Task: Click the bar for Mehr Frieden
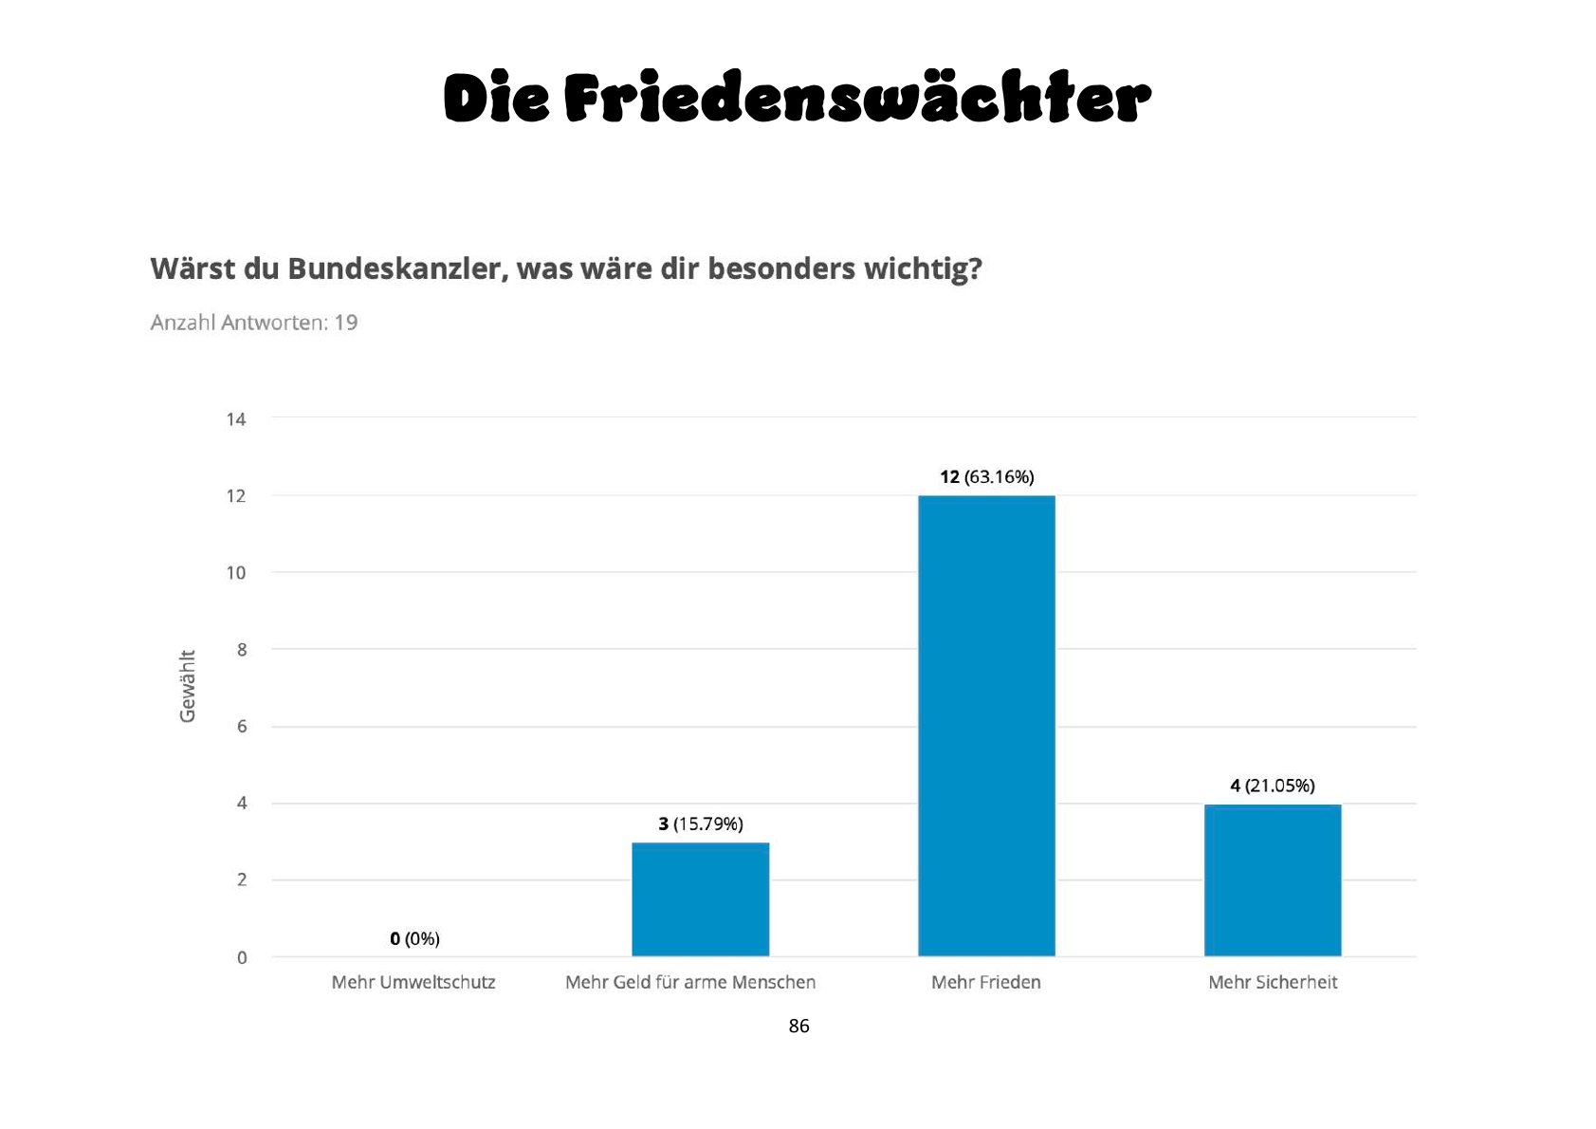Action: coord(986,726)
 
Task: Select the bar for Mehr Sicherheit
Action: coord(1273,879)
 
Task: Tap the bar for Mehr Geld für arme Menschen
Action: coord(700,898)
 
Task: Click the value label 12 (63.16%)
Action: coord(986,477)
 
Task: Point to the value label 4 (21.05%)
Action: coord(1273,786)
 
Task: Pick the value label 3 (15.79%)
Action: coord(700,824)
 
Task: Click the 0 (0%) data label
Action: coord(414,938)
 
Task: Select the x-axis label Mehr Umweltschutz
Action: coord(413,982)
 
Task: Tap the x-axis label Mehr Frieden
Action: coord(986,982)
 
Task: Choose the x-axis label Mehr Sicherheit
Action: coord(1273,982)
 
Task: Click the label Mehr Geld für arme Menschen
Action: coord(690,982)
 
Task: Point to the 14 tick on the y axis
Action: coord(236,418)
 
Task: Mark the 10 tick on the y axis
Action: coord(236,572)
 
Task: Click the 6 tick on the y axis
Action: coord(242,726)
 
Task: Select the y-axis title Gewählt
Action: coord(188,686)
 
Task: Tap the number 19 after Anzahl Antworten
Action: coord(345,323)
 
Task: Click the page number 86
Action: coord(798,1026)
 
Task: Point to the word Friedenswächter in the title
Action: coord(857,99)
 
